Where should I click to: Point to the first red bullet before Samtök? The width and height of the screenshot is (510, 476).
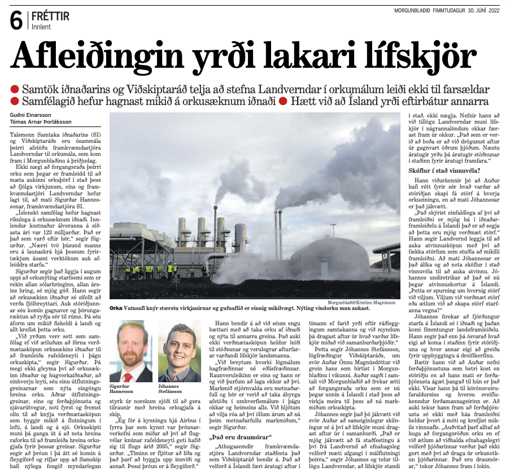coord(15,90)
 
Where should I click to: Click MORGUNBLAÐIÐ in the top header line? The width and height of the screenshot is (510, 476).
coord(417,10)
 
